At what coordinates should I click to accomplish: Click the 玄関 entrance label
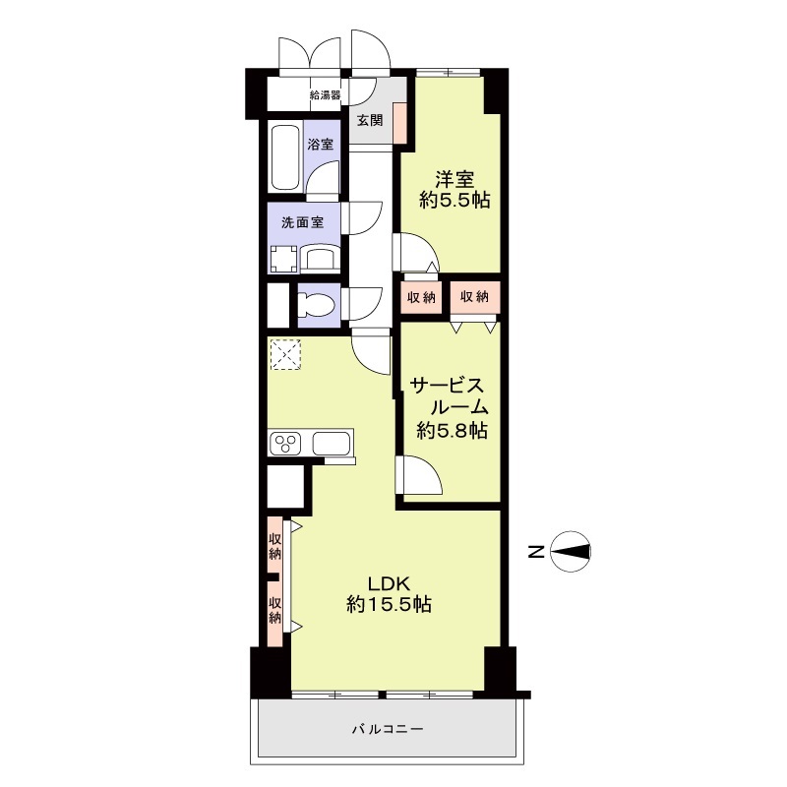click(x=370, y=120)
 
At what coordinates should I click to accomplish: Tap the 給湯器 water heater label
click(x=326, y=95)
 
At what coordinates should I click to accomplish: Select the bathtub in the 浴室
click(x=285, y=157)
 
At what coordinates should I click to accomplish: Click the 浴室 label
click(x=321, y=145)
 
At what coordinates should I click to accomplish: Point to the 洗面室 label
click(x=303, y=222)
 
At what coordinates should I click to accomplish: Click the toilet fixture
click(x=316, y=305)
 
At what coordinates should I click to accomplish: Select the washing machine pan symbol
click(x=284, y=259)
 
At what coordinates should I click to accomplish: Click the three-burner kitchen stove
click(x=285, y=444)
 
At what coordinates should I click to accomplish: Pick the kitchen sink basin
click(x=332, y=444)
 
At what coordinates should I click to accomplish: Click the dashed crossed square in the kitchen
click(x=285, y=354)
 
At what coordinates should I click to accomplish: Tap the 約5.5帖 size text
click(x=454, y=201)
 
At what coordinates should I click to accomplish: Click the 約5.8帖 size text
click(x=453, y=430)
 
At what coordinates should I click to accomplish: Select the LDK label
click(x=390, y=583)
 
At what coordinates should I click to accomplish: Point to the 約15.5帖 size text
click(x=389, y=605)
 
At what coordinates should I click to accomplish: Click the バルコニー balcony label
click(x=387, y=728)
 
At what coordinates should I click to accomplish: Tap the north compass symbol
click(x=571, y=552)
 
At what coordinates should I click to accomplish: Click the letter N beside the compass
click(x=536, y=552)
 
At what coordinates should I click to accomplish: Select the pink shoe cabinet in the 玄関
click(x=399, y=122)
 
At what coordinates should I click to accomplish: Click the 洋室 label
click(x=454, y=179)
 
